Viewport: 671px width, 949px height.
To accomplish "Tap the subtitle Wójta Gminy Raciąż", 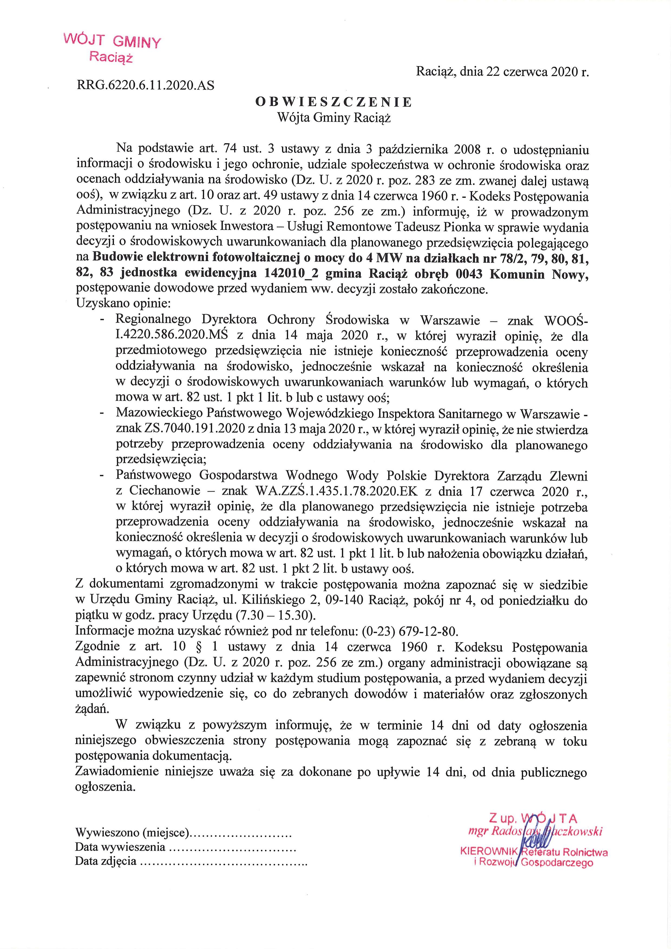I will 334,118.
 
